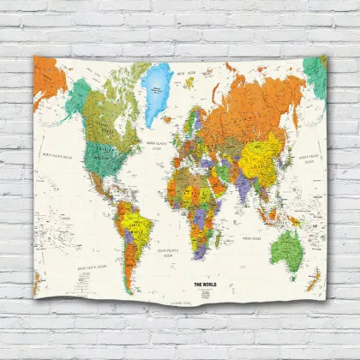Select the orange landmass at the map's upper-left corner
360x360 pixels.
click(46, 77)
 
